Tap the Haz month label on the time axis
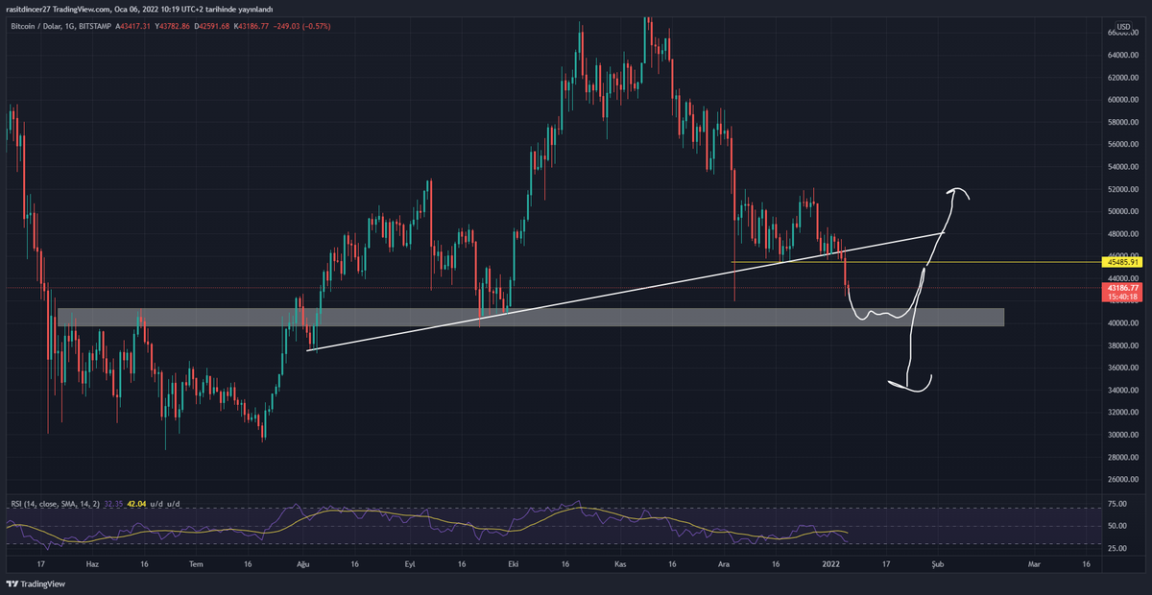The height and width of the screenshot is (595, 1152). (x=93, y=565)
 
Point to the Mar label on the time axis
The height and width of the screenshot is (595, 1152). (x=1033, y=565)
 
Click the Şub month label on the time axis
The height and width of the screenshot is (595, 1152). (x=938, y=565)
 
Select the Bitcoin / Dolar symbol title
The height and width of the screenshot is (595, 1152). (x=37, y=26)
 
